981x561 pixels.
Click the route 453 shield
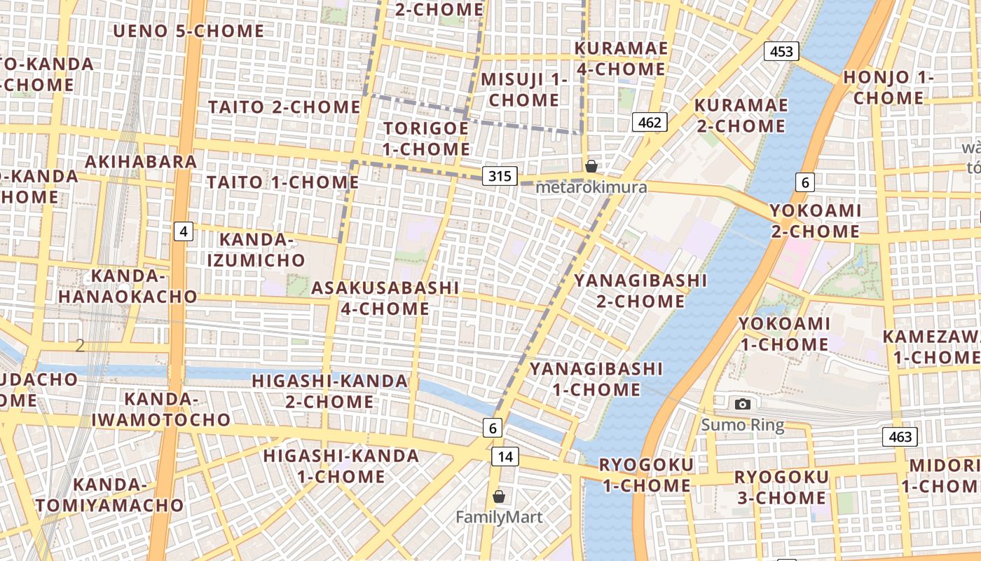[781, 51]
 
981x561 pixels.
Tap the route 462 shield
[650, 123]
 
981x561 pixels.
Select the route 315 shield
[500, 175]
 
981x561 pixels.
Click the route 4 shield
[184, 231]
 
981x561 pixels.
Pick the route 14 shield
[505, 457]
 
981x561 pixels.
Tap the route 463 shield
[900, 437]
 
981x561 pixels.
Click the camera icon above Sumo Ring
[743, 404]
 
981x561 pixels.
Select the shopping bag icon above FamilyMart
[499, 496]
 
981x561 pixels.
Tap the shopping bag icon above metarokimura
[591, 166]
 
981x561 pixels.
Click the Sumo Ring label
[743, 425]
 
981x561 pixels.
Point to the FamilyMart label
[499, 518]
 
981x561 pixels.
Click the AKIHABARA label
[141, 161]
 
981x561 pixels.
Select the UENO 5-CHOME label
[188, 31]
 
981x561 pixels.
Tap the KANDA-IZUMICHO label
[256, 250]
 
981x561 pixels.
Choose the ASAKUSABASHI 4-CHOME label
[385, 298]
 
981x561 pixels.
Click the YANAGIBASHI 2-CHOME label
[640, 290]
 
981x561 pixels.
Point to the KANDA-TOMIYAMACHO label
[110, 494]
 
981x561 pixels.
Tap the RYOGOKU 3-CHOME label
[781, 487]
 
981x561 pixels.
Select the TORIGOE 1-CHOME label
[426, 138]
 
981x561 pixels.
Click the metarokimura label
[591, 187]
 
